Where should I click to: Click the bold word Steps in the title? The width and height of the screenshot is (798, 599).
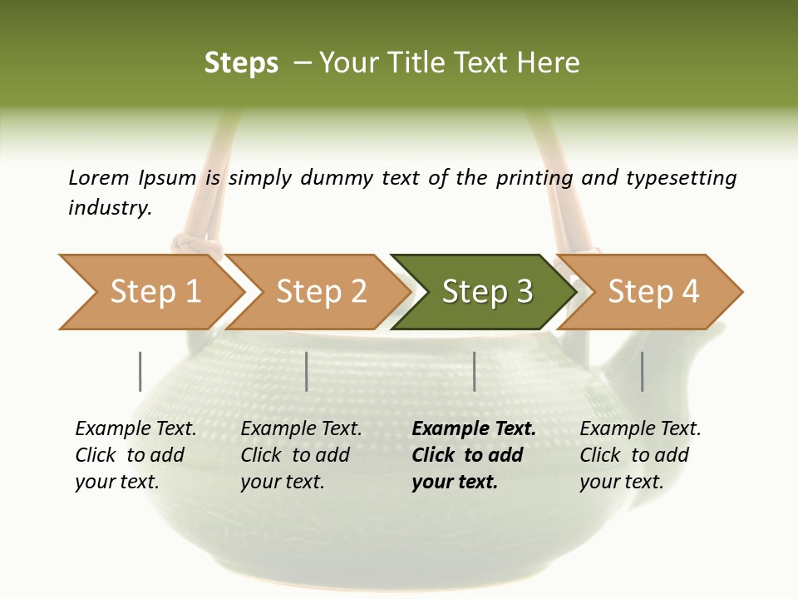[241, 63]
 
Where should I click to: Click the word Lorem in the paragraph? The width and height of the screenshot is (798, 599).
[99, 178]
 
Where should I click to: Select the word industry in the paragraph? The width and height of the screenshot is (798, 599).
[109, 208]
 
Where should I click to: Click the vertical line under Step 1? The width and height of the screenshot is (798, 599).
[140, 371]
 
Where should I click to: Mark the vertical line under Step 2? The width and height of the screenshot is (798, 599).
[307, 371]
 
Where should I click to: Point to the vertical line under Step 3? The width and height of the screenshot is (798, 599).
[475, 371]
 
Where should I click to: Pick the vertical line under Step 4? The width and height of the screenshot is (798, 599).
[643, 371]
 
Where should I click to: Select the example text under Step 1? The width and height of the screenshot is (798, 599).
[135, 455]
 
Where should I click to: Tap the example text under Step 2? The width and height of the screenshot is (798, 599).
[301, 455]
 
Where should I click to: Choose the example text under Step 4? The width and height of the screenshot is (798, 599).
[640, 455]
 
